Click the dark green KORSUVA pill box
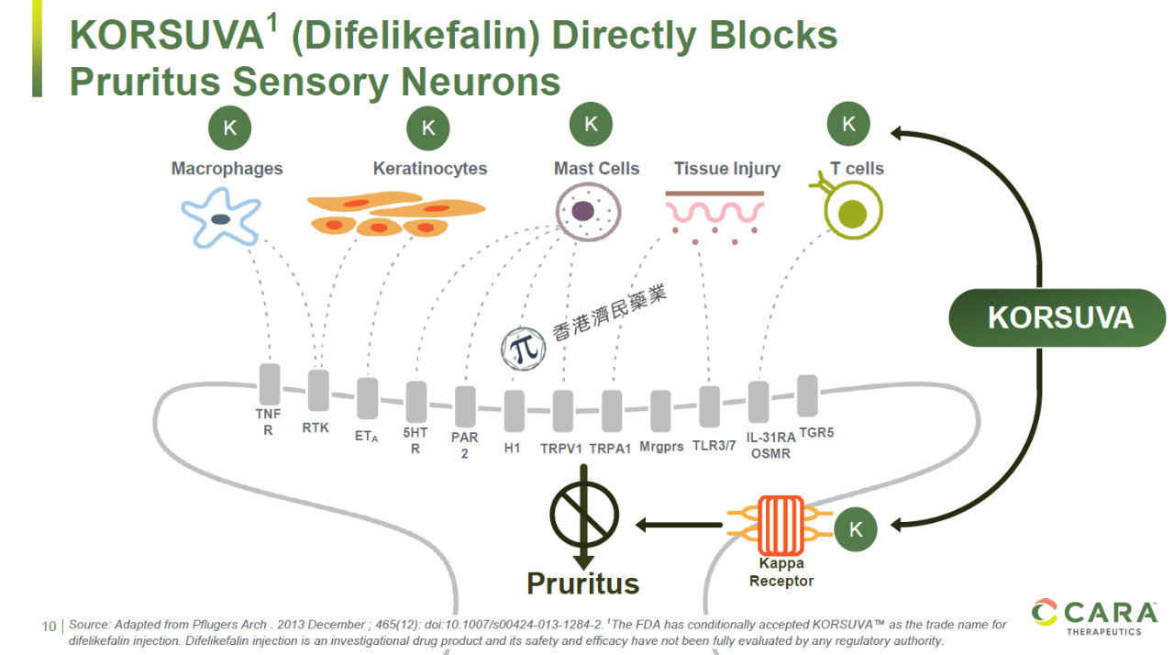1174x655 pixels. click(1058, 317)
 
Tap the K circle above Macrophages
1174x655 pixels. click(229, 128)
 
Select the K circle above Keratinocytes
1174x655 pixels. click(428, 128)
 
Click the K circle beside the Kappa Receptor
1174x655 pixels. click(856, 529)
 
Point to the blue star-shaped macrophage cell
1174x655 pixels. click(221, 218)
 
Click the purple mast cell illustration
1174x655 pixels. click(588, 212)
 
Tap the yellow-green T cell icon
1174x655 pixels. click(849, 207)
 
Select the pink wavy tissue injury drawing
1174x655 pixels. click(714, 217)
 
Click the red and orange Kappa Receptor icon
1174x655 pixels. click(781, 525)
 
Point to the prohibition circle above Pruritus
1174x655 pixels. click(584, 515)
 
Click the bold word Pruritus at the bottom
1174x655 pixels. click(582, 583)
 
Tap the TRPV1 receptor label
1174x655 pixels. click(561, 450)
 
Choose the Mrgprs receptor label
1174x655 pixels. click(661, 447)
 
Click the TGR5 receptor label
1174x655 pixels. click(816, 433)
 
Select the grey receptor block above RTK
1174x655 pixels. click(318, 391)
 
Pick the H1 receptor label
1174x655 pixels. click(512, 448)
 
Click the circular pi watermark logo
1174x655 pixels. click(523, 349)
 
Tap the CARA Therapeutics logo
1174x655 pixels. click(1094, 617)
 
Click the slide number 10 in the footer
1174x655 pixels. click(49, 627)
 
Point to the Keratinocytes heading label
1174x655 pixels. click(430, 169)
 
